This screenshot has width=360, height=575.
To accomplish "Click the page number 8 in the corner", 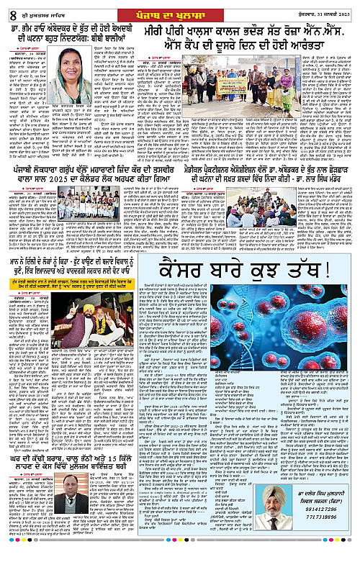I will [8, 9].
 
